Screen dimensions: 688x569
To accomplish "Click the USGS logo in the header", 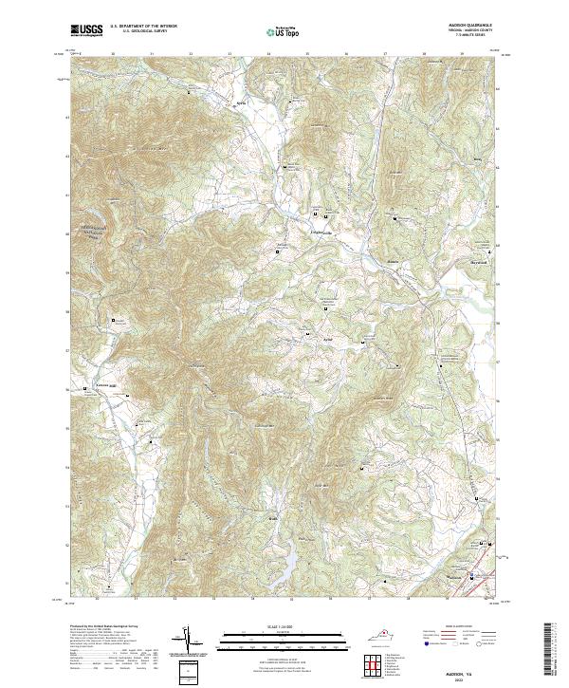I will (x=87, y=30).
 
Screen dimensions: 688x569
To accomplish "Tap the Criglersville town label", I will (x=323, y=232).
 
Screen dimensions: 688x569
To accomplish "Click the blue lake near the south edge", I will (x=284, y=571).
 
